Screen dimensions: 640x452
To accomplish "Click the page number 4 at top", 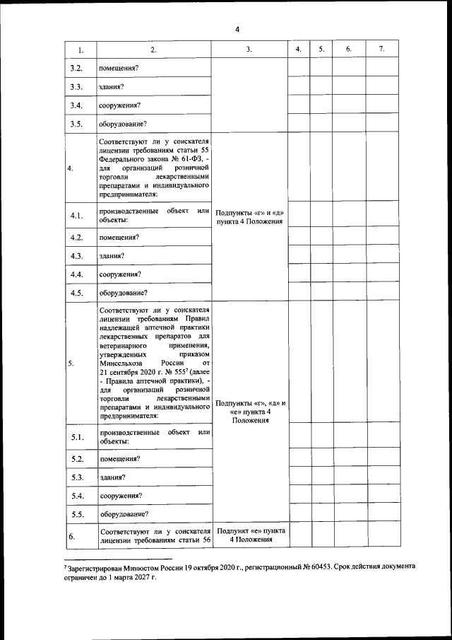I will pos(237,29).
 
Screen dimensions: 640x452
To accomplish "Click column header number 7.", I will pos(381,50).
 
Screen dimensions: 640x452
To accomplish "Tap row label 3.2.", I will pos(77,68).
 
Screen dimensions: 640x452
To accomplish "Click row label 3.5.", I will pos(77,124).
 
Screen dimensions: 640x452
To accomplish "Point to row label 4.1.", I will pos(77,216).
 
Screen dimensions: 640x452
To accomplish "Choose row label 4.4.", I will pos(77,274).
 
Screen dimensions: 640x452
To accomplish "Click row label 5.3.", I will pos(77,477).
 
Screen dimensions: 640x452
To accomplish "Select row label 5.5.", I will pos(77,513).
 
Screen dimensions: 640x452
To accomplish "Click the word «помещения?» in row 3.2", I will pos(119,68).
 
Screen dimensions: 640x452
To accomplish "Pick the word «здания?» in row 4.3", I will pos(113,255).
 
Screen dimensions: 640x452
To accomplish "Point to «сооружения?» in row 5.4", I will pos(121,495).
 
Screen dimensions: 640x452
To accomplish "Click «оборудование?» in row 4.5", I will pos(123,292).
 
